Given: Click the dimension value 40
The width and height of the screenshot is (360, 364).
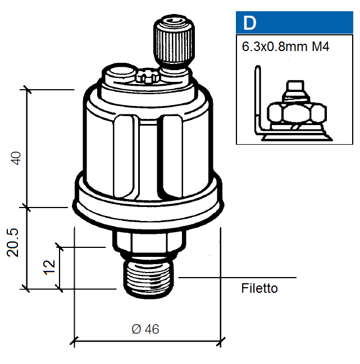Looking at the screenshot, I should (x=17, y=158).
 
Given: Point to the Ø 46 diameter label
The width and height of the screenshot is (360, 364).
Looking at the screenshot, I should (x=145, y=329).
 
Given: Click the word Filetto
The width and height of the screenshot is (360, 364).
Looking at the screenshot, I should (x=259, y=289).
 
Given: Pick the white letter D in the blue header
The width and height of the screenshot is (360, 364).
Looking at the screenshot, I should (x=249, y=24).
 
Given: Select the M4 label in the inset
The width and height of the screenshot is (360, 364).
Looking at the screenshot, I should (x=320, y=47).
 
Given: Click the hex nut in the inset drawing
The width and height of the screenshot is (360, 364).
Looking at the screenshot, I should (x=295, y=114).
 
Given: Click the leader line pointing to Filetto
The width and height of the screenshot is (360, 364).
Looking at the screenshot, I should (x=236, y=277).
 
